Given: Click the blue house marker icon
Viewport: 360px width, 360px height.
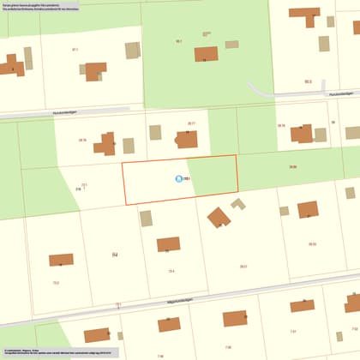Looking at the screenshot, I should (x=178, y=179).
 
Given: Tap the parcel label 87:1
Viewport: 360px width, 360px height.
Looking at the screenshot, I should (x=75, y=50).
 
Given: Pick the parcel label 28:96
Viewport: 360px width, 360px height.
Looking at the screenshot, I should (x=293, y=165).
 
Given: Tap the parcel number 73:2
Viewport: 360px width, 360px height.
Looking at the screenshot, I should (x=56, y=282).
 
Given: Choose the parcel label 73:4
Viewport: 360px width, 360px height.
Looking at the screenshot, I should (x=171, y=271).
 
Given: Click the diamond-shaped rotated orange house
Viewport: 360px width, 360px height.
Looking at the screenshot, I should (x=219, y=217).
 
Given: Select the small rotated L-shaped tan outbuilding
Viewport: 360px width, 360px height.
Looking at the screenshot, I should (x=238, y=204).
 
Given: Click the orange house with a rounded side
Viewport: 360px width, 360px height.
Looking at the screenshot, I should (x=187, y=139).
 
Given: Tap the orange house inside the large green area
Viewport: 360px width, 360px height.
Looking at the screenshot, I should (x=206, y=54).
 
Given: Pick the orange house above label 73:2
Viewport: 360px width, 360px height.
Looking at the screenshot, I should (x=61, y=260).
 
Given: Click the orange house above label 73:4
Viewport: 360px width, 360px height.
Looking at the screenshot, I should (x=168, y=244).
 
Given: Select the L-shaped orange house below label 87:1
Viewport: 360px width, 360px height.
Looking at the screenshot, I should (x=95, y=71).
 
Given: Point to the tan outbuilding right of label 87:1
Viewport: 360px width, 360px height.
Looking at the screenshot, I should (x=132, y=51).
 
